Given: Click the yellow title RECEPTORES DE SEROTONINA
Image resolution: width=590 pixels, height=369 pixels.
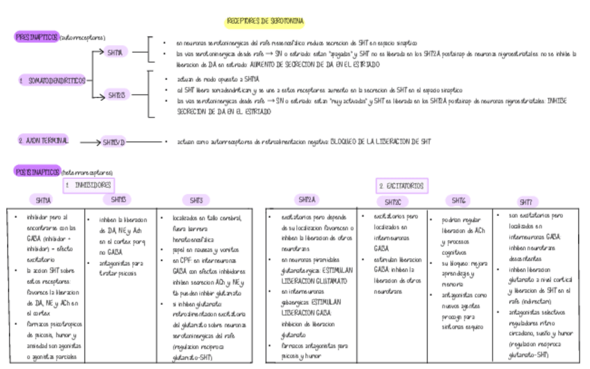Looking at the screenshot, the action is [x=265, y=22].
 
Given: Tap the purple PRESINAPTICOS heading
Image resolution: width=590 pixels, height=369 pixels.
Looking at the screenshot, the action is [x=36, y=37].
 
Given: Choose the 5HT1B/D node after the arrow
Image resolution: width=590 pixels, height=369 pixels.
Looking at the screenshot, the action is [x=113, y=142].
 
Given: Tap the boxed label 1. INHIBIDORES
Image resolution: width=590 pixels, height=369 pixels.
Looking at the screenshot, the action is [x=88, y=185].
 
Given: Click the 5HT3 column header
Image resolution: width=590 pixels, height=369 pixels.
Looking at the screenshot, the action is [x=196, y=201].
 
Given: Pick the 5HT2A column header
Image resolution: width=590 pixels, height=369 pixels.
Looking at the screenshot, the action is [x=308, y=200].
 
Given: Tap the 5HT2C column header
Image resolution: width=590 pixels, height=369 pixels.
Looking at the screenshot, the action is [x=392, y=202].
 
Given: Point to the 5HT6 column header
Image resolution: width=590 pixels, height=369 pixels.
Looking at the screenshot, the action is [x=457, y=201].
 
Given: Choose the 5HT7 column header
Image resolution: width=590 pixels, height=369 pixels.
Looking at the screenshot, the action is [x=526, y=202].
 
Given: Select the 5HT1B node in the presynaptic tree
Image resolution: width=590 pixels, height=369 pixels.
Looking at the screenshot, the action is [x=116, y=95].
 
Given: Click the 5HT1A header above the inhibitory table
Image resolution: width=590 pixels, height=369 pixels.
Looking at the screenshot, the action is [x=43, y=201].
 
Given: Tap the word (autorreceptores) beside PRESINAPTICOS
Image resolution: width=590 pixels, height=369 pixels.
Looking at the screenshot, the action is [x=82, y=38].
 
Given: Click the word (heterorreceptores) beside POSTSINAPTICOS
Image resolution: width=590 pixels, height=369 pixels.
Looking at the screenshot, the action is [x=87, y=172].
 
